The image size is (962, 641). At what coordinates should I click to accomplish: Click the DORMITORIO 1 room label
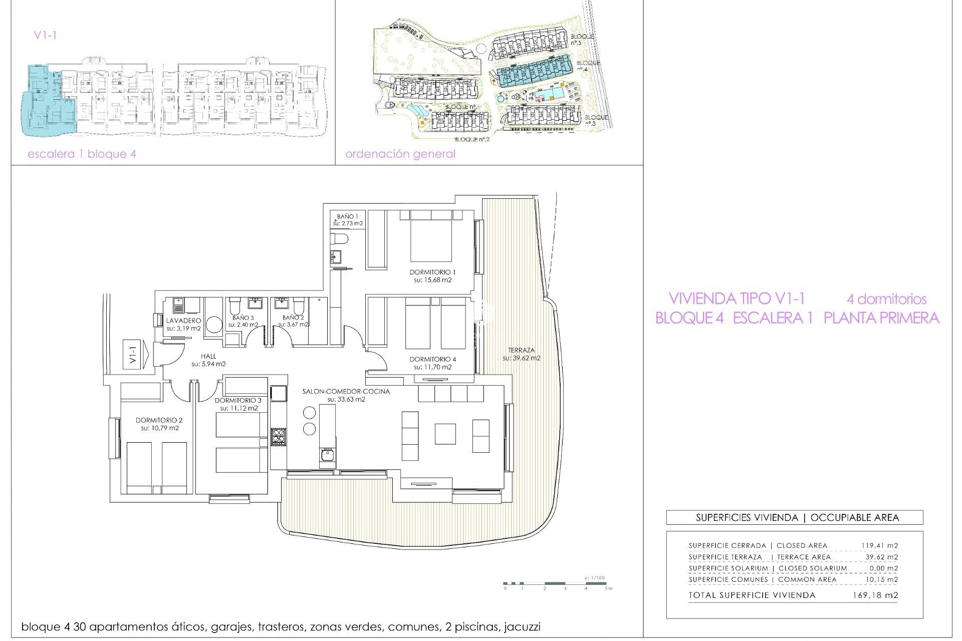pos(432,272)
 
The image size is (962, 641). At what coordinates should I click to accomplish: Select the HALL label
pos(208,356)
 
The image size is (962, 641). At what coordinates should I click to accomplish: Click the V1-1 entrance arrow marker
pos(136,355)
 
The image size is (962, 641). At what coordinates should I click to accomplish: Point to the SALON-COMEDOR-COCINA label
pos(346,391)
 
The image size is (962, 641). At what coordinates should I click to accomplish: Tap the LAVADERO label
pos(183,320)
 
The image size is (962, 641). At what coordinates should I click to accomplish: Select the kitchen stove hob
pos(278,437)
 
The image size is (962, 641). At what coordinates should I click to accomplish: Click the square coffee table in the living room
pos(445,434)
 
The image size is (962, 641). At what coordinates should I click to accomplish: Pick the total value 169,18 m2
pos(875,595)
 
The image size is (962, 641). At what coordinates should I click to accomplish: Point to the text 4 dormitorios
pos(886,299)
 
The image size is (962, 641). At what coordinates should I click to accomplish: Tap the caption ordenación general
pos(400,154)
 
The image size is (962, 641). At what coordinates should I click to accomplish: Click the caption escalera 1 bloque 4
pos(82,154)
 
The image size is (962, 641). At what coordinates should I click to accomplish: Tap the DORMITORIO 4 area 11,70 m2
pos(432,367)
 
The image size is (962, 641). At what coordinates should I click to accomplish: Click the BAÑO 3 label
pos(243,317)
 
